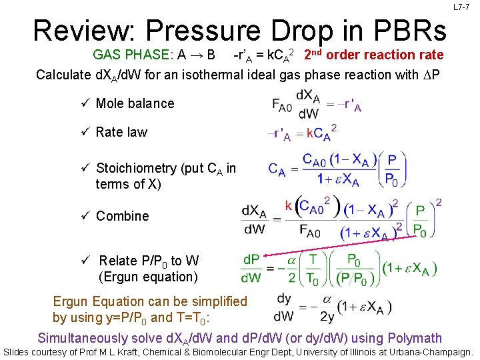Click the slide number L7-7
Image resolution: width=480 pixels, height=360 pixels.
click(x=461, y=7)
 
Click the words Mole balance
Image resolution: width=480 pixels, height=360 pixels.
click(x=135, y=103)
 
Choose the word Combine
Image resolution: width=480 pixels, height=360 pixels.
click(x=122, y=216)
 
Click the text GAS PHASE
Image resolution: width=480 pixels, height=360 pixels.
click(x=129, y=55)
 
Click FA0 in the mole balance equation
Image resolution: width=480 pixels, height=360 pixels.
click(x=282, y=105)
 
